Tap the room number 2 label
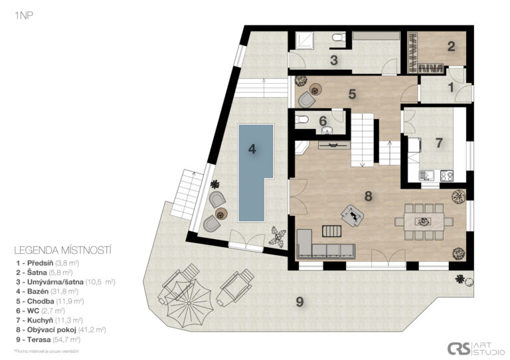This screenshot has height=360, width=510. [x=451, y=46]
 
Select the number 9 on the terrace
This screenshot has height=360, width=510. [x=299, y=302]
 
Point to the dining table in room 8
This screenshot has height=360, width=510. [x=424, y=221]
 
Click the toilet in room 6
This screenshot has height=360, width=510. [x=302, y=120]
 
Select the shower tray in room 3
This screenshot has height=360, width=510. [x=304, y=40]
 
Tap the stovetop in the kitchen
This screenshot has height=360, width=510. [x=446, y=176]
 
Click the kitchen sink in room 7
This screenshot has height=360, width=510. [x=426, y=175]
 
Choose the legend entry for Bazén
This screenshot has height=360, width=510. [x=48, y=292]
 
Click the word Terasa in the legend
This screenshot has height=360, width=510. [x=39, y=340]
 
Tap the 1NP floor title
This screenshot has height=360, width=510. [x=24, y=15]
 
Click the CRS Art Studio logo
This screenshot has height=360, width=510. [x=476, y=348]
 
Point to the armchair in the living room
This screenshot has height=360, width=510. [x=352, y=215]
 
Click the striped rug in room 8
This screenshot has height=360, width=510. [x=332, y=231]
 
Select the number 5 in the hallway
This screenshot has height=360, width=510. [x=352, y=94]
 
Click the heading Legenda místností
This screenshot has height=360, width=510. [x=63, y=250]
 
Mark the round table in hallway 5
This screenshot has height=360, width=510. [x=315, y=89]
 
